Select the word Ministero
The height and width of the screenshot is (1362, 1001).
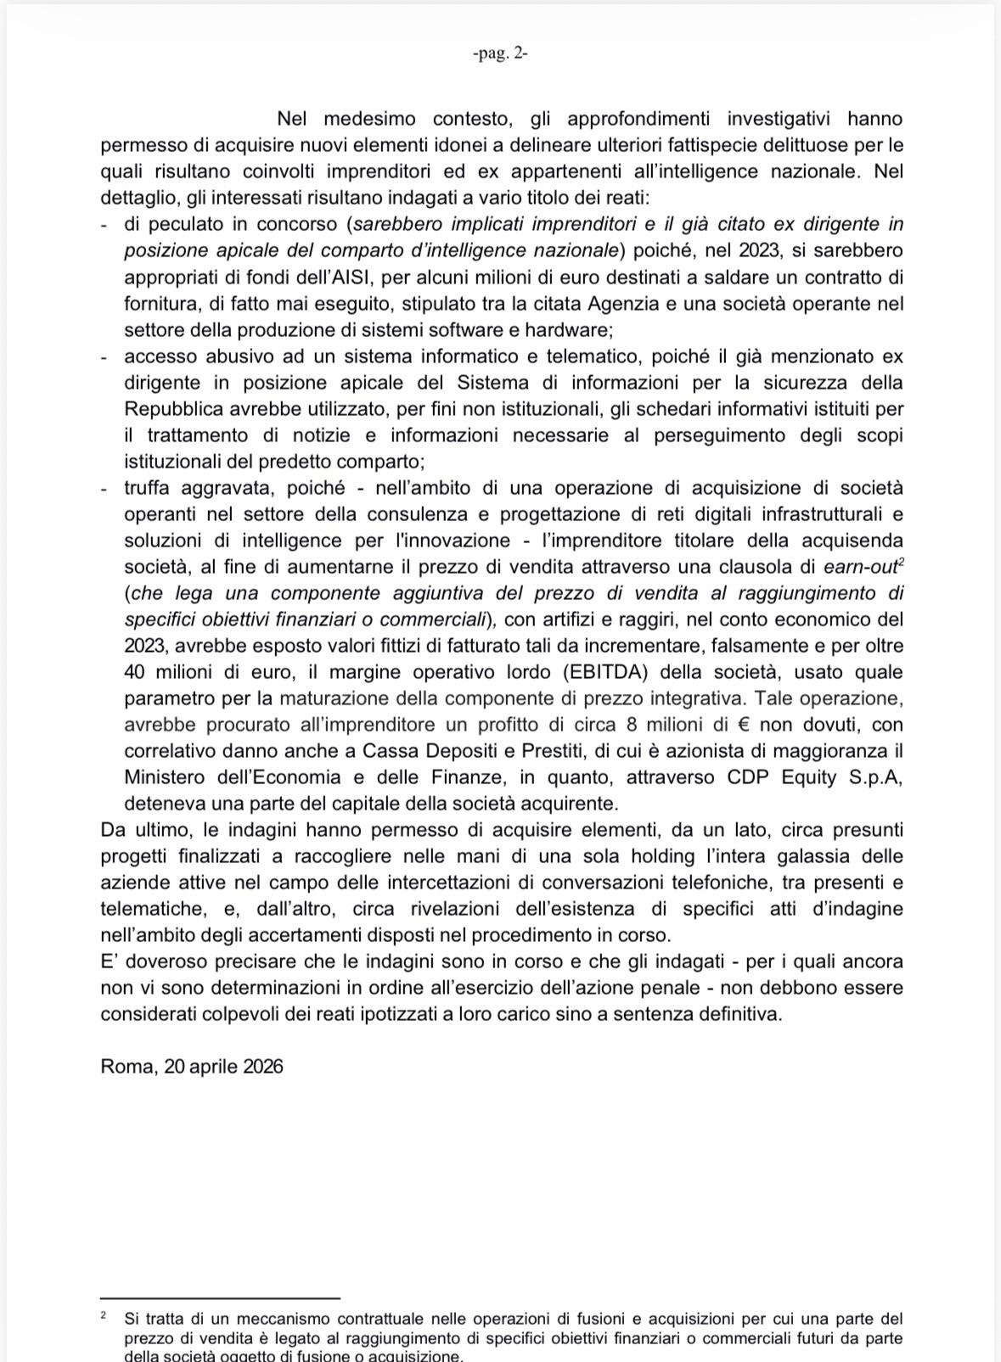(165, 777)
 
